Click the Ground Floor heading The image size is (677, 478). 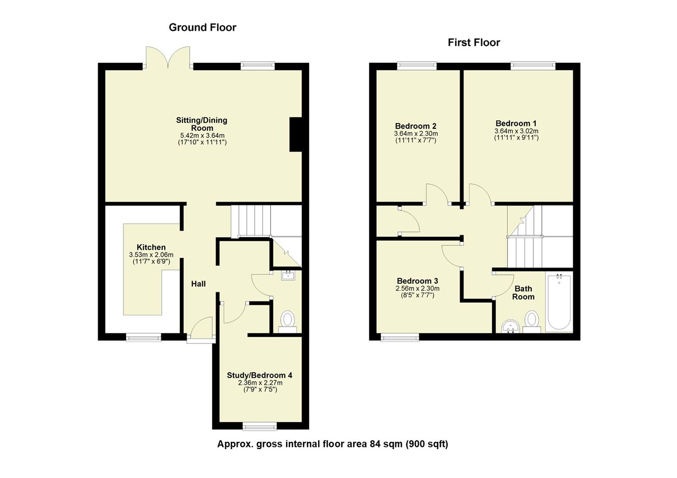point(202,27)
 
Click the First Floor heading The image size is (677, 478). point(474,42)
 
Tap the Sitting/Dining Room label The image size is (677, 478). point(202,124)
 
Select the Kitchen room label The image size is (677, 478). point(151,247)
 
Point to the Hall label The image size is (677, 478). point(198,284)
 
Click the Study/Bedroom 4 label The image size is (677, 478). point(260,375)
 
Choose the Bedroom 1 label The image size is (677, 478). point(516,123)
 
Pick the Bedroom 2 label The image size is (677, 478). point(416,126)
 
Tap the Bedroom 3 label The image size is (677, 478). point(417,281)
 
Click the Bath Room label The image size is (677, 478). point(523,293)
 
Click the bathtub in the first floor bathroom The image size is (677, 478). point(559,303)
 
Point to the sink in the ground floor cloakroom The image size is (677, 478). point(288,276)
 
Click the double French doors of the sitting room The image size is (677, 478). point(168,58)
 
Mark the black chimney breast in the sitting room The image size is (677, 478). point(296,135)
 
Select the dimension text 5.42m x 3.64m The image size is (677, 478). point(202,135)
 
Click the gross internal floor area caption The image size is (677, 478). point(332,444)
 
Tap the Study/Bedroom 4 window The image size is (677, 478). point(260,426)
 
